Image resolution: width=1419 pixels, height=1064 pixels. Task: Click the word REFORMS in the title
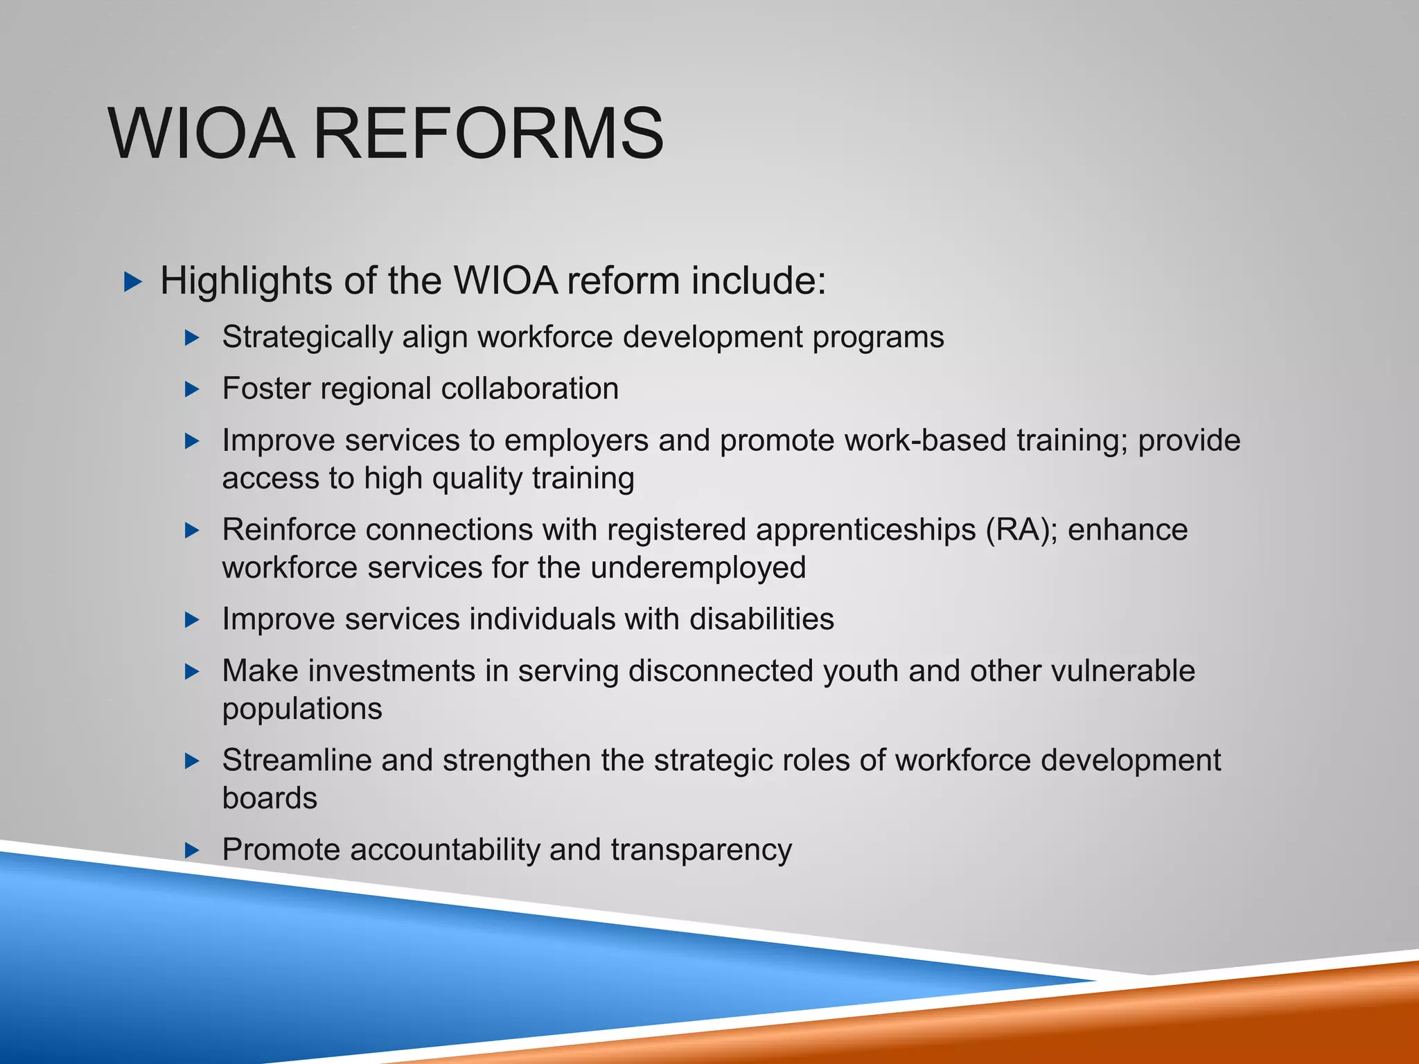tap(488, 133)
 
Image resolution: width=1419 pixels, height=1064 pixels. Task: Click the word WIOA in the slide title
tap(201, 133)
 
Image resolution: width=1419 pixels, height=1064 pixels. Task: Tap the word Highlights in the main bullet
tap(246, 281)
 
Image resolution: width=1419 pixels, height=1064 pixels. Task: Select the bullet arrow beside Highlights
tap(132, 282)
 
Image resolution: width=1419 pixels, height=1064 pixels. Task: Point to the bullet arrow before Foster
tap(193, 389)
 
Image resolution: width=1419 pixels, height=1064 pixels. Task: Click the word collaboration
tap(529, 389)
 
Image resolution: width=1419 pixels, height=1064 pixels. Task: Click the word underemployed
tap(698, 568)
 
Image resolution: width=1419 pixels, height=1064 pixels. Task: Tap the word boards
tap(270, 798)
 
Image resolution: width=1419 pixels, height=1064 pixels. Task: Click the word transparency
tap(700, 850)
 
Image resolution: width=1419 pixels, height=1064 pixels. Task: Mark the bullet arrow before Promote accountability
tap(193, 850)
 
